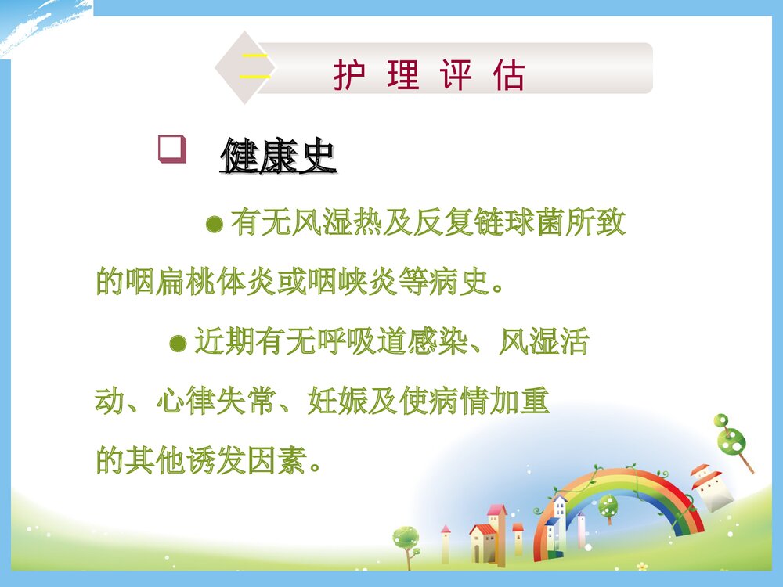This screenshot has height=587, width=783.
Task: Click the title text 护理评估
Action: (x=429, y=76)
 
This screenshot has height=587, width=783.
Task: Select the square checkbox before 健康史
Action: (x=171, y=149)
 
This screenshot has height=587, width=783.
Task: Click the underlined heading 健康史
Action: (x=278, y=157)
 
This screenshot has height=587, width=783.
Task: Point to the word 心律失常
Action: (x=216, y=402)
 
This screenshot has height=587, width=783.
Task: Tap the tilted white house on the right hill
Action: (x=711, y=488)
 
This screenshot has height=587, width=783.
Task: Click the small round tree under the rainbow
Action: (x=608, y=508)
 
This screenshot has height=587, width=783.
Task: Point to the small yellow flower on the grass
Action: (x=642, y=566)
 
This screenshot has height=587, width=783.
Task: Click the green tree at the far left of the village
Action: (x=406, y=538)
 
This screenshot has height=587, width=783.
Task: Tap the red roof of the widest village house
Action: (x=483, y=530)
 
